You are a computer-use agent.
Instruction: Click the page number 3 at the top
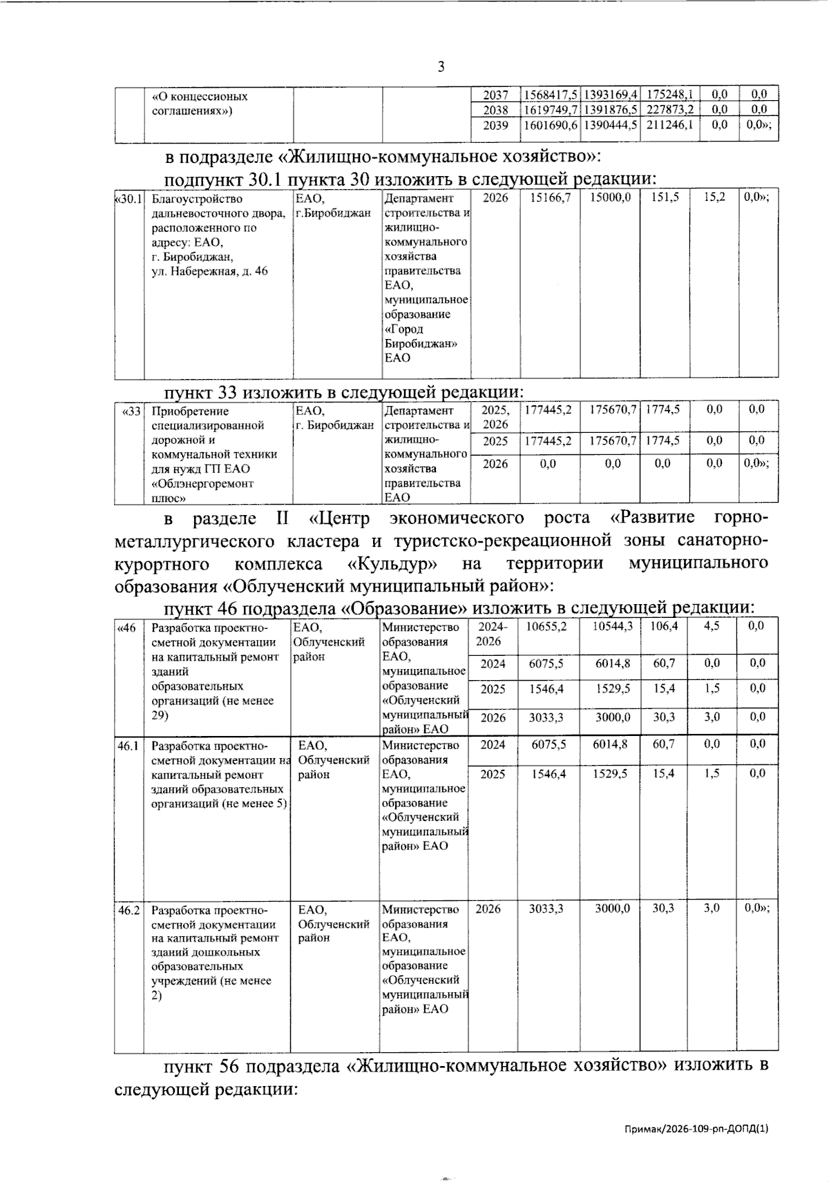[x=441, y=67]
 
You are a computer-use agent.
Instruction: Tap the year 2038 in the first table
[x=495, y=110]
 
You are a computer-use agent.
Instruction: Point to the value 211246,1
[x=669, y=125]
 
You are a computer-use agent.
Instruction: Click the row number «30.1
[x=129, y=199]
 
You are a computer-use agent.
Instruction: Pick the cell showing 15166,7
[x=550, y=197]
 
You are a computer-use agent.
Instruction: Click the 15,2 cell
[x=714, y=197]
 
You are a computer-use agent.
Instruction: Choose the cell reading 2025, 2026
[x=495, y=417]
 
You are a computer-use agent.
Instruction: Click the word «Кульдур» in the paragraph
[x=392, y=563]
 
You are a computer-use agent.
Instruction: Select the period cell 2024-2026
[x=493, y=634]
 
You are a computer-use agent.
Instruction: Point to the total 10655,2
[x=546, y=626]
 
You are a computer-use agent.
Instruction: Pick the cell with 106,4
[x=663, y=626]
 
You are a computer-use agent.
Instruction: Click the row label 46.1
[x=128, y=746]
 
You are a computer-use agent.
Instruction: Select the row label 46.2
[x=128, y=910]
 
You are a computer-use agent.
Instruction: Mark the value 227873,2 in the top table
[x=669, y=110]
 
